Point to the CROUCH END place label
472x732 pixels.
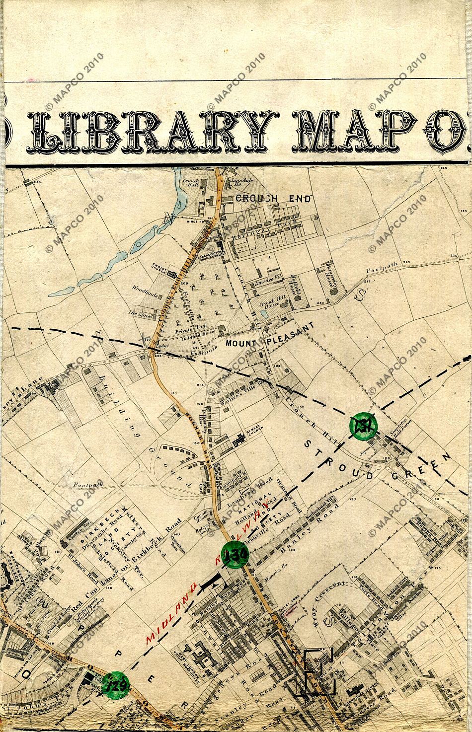[273, 199]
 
